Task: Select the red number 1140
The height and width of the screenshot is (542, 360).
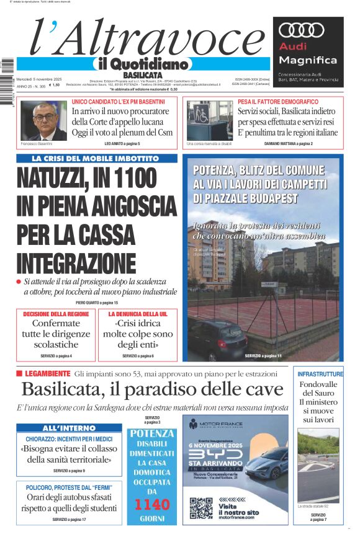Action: [x=152, y=505]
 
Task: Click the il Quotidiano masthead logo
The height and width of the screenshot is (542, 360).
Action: [x=141, y=64]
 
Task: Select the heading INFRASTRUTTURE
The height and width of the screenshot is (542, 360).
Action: [x=320, y=375]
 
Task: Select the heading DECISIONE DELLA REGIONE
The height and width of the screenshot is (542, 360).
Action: [x=56, y=314]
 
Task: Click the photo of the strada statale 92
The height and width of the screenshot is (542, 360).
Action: [x=318, y=465]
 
